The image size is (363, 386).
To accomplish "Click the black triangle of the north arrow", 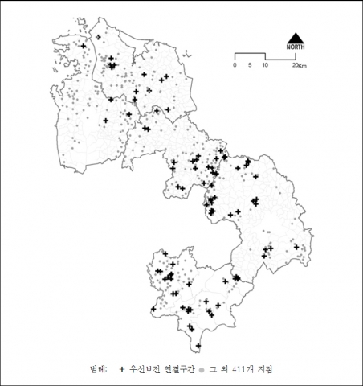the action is pyautogui.click(x=294, y=38).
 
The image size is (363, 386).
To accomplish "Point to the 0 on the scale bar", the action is pyautogui.click(x=235, y=64).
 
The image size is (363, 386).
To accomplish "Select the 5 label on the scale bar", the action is pyautogui.click(x=250, y=64).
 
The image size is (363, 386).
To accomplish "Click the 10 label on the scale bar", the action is pyautogui.click(x=264, y=64).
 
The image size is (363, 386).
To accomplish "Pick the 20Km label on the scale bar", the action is pyautogui.click(x=298, y=65).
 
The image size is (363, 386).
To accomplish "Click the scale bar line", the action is pyautogui.click(x=265, y=55).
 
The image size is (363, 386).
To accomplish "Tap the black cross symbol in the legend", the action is pyautogui.click(x=121, y=368).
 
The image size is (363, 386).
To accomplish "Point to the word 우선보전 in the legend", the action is pyautogui.click(x=144, y=368).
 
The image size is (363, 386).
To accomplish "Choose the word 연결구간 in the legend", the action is pyautogui.click(x=178, y=368).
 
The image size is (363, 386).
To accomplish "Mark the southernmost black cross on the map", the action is pyautogui.click(x=198, y=345).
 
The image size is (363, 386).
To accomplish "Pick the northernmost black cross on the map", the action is pyautogui.click(x=98, y=37).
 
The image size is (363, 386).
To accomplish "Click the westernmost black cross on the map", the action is pyautogui.click(x=83, y=47).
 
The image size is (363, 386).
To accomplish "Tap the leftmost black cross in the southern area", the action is pyautogui.click(x=153, y=309).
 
